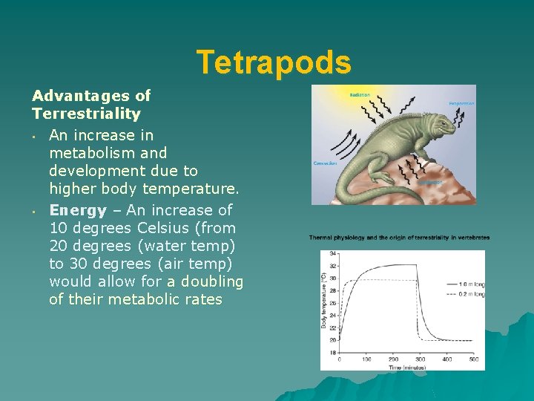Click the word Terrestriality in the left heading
[86, 114]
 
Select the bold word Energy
[78, 210]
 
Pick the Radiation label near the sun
[360, 94]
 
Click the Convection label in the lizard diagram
[326, 163]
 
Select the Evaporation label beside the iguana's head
[461, 103]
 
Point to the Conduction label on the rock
[429, 181]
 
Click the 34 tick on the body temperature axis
[333, 254]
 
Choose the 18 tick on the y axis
[333, 352]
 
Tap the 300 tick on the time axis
[420, 359]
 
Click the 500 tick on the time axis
[474, 359]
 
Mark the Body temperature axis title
[324, 301]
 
